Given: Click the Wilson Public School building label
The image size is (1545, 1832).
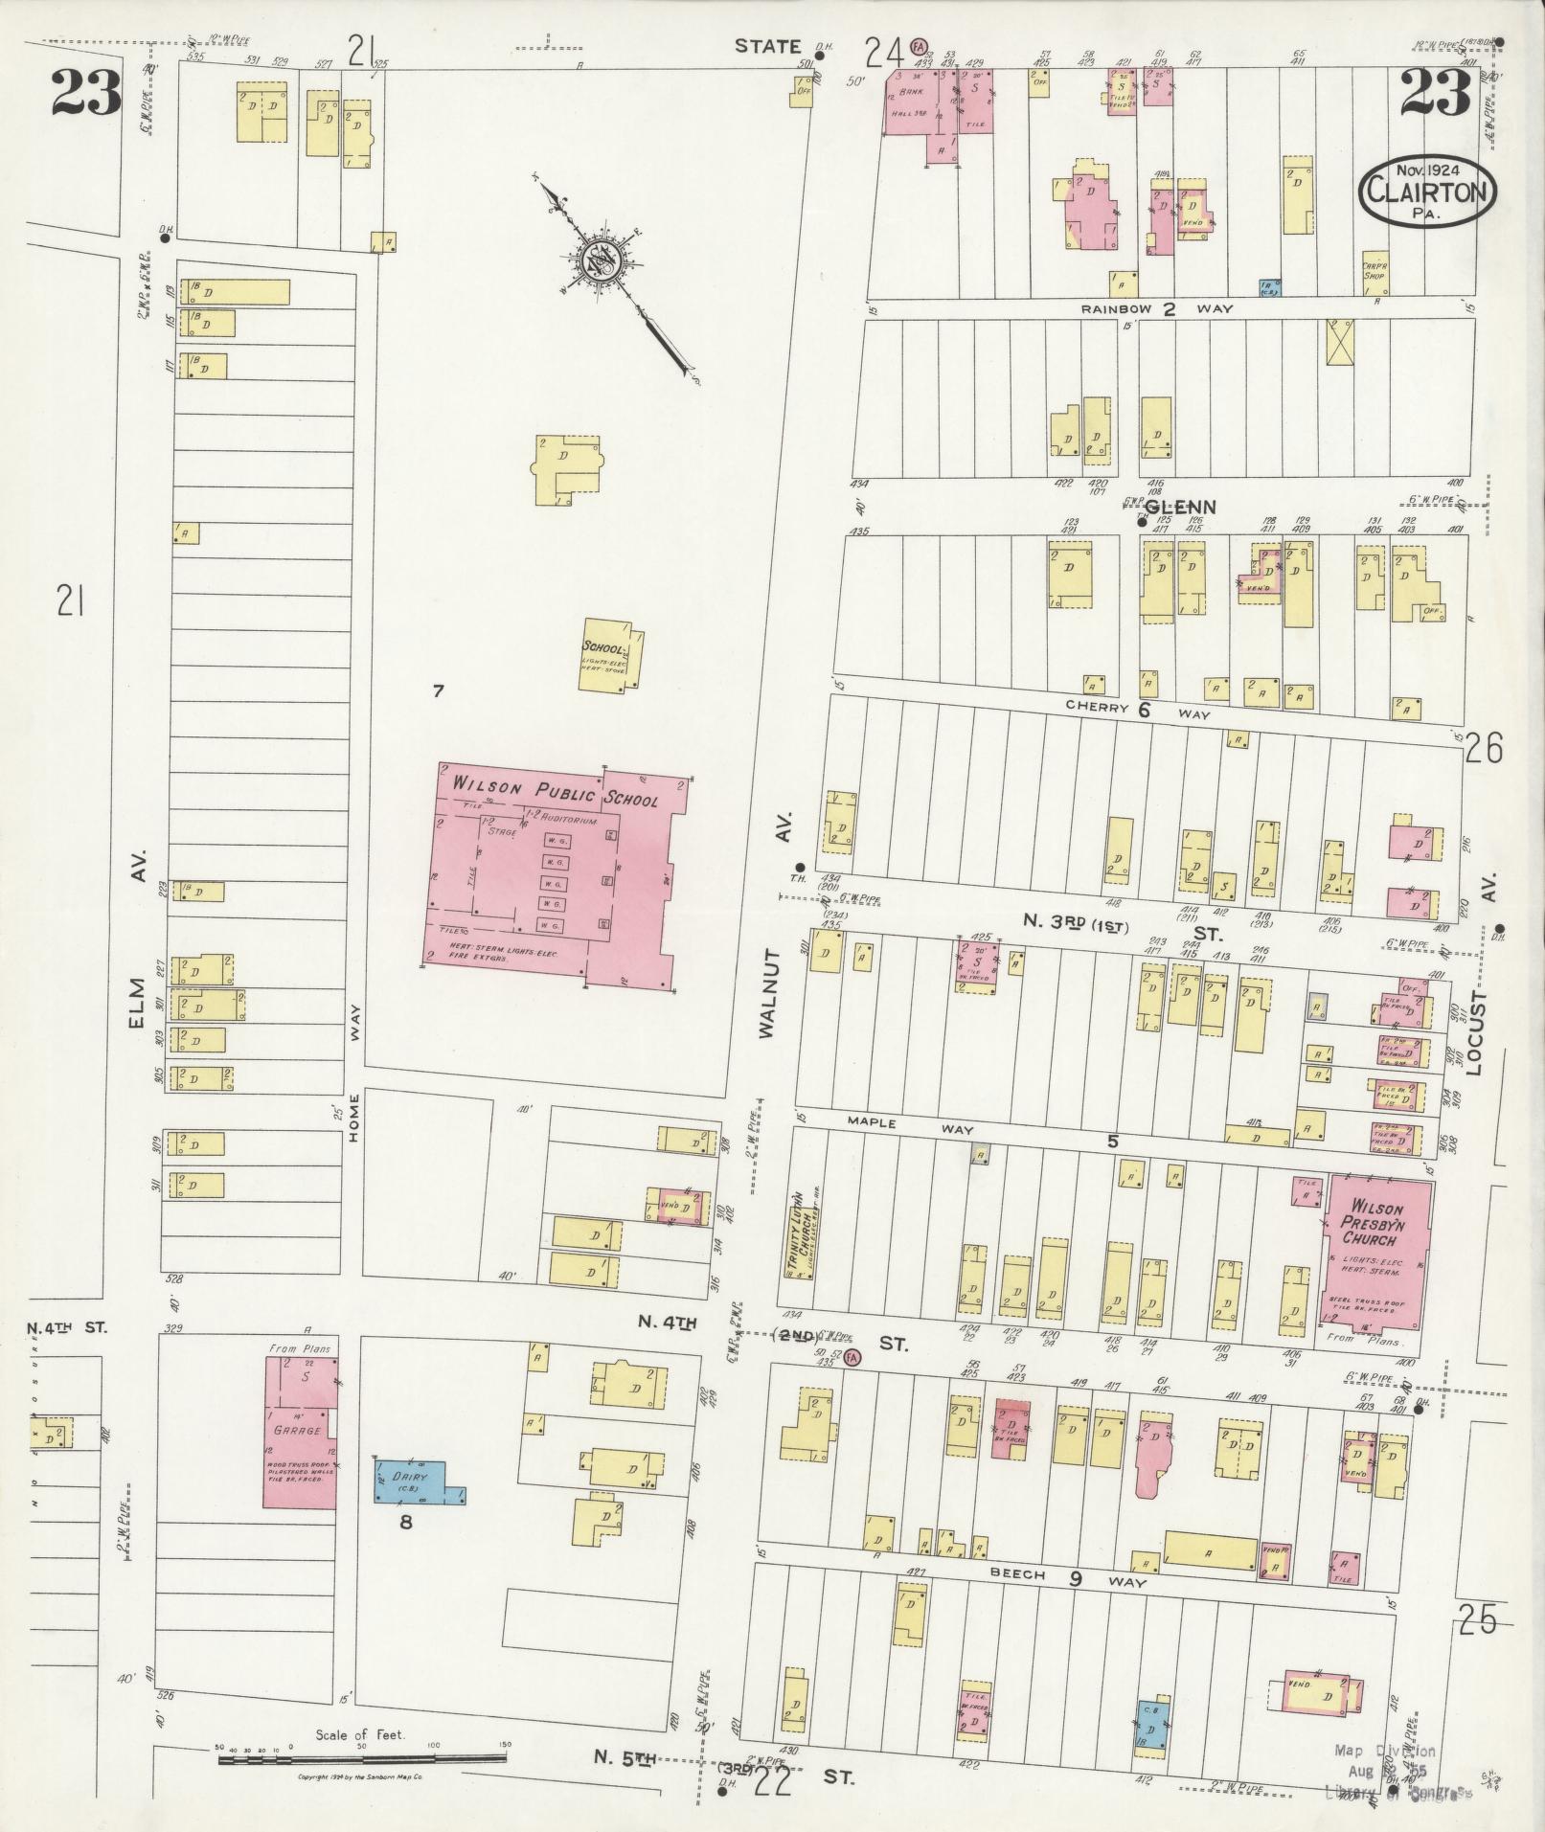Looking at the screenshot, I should tap(556, 791).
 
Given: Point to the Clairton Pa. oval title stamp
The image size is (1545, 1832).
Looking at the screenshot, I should tap(1427, 193).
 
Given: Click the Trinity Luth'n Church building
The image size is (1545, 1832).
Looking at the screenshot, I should tap(797, 1235).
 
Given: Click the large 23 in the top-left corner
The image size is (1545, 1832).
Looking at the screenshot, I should tap(86, 94).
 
